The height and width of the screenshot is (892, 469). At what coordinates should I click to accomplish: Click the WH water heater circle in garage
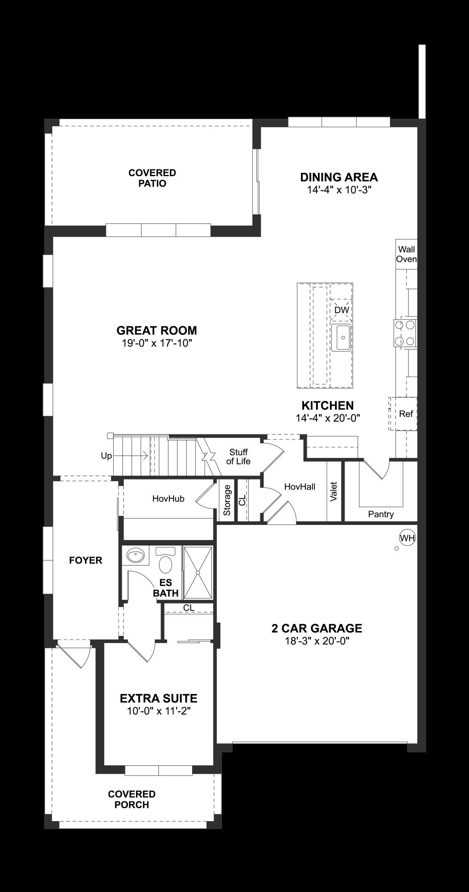(407, 538)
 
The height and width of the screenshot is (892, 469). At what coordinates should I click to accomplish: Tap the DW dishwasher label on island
(341, 310)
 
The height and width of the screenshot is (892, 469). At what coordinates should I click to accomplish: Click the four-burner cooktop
(405, 333)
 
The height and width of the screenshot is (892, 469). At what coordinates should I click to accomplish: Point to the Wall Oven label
(407, 254)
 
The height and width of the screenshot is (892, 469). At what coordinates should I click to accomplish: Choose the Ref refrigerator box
(405, 414)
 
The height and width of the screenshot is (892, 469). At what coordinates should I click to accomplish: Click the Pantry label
(381, 514)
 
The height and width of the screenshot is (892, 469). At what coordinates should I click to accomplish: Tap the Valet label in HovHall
(333, 491)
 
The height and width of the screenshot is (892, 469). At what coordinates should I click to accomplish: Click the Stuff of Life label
(238, 457)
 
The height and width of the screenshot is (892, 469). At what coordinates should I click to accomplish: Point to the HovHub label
(168, 499)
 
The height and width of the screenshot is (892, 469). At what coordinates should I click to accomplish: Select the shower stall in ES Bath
(198, 572)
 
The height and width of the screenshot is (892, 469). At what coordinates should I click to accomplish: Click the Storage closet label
(227, 500)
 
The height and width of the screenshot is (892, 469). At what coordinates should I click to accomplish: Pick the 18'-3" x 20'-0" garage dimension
(317, 641)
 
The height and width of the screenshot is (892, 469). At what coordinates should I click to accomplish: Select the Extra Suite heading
(158, 698)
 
